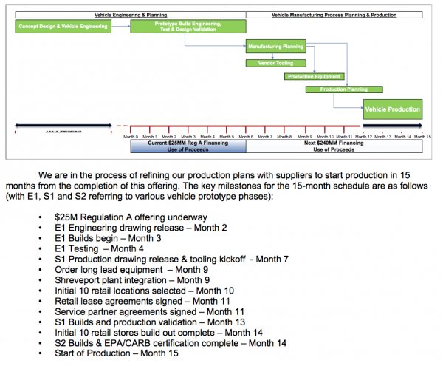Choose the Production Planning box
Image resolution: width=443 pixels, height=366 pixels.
click(x=343, y=89)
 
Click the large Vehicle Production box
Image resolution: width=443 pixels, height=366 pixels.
click(x=392, y=109)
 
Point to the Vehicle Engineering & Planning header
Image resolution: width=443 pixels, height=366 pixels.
click(x=130, y=15)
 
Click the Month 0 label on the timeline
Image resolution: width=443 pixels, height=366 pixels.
click(x=131, y=137)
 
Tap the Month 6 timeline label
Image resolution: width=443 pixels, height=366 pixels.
click(x=246, y=137)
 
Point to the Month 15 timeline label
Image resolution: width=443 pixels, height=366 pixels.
click(x=422, y=137)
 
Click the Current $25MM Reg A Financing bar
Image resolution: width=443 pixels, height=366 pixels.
click(x=188, y=146)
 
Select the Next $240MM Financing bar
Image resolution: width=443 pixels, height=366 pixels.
click(x=334, y=146)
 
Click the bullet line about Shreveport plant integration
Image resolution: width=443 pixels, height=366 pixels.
click(x=122, y=281)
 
